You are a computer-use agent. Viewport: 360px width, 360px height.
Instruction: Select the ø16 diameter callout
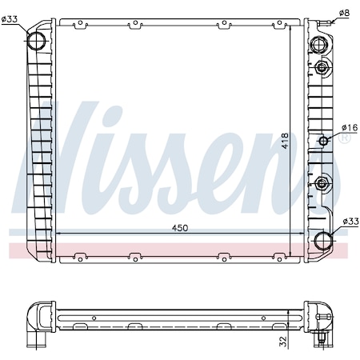coord(349,127)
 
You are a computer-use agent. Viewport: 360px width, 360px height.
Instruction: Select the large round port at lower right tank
coord(323,240)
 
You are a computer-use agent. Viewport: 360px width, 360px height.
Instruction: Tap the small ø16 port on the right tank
coord(324,142)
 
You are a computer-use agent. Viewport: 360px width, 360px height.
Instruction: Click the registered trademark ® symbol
coord(345,138)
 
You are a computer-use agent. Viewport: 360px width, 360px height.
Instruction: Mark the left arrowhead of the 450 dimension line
coord(59,234)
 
